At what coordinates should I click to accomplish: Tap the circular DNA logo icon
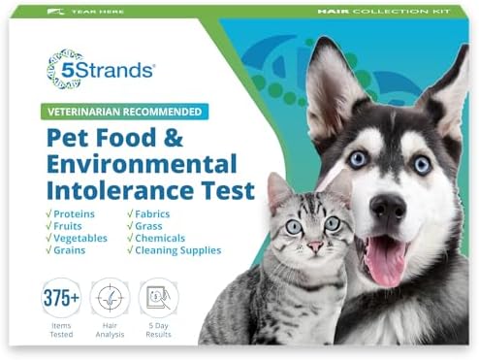point(65,68)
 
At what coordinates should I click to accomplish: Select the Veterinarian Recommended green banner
point(130,111)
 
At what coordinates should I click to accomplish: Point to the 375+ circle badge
point(61,298)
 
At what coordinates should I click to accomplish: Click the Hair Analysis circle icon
point(110,298)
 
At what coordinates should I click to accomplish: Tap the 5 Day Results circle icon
point(158,298)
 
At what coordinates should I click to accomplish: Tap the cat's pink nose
point(315,246)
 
